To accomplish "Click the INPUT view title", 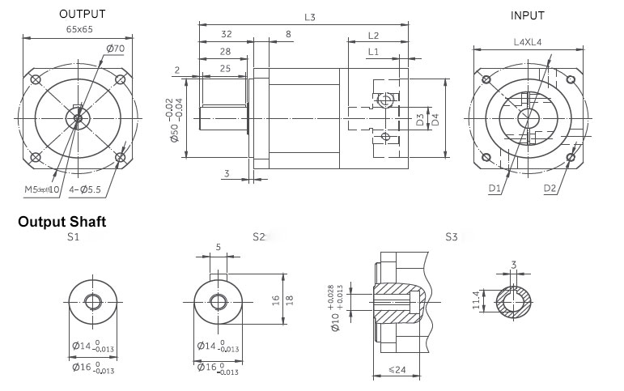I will tap(528, 15).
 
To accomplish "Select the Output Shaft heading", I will tap(62, 222).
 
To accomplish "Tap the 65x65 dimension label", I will tap(79, 29).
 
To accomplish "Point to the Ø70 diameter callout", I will tap(115, 49).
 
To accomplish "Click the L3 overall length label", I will tap(310, 17).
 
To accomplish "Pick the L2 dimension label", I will tap(374, 36).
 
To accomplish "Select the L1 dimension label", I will tap(373, 52).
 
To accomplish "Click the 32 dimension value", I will tap(226, 36).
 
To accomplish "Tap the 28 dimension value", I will tap(226, 52).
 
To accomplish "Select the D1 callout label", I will tap(495, 189).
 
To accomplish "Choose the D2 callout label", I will tap(550, 189).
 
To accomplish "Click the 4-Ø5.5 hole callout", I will tap(84, 189).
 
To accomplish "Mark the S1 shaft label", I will tap(73, 237).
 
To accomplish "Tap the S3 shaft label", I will tap(452, 237).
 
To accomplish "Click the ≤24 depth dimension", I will tap(397, 371).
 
